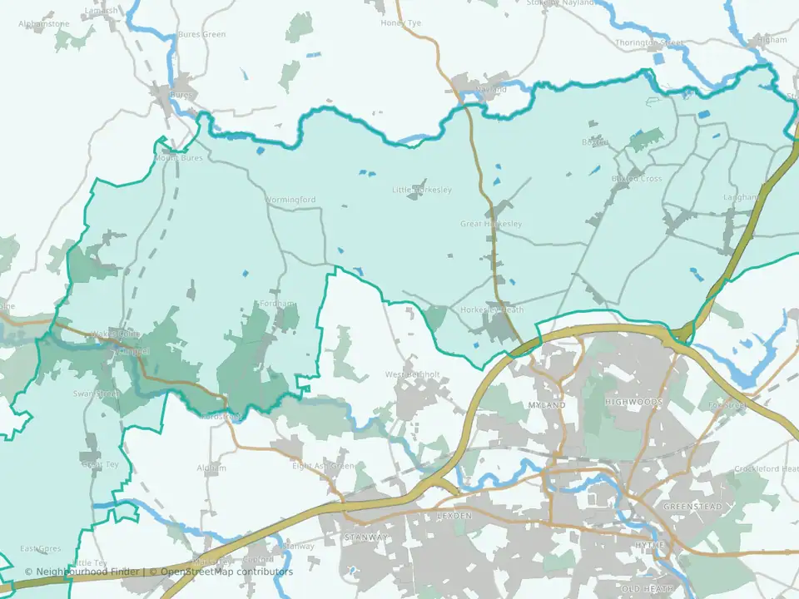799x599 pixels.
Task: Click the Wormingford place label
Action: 290,200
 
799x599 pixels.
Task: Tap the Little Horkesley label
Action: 422,191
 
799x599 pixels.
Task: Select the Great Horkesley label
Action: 491,225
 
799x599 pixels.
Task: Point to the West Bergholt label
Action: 412,374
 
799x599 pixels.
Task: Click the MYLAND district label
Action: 547,405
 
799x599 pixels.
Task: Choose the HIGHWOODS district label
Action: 633,403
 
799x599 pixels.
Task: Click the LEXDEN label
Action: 454,516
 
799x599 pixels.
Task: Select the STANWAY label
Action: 366,537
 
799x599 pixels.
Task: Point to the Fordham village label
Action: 277,304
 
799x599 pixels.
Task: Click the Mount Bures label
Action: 179,157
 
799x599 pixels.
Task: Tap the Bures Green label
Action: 201,35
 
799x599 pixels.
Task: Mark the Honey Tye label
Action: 401,23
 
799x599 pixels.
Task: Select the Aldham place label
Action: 211,468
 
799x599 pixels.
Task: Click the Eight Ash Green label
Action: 323,466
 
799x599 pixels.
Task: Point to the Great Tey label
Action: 99,465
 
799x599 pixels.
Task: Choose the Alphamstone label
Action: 44,24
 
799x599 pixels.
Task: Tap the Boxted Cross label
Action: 637,179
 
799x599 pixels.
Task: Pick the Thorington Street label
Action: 648,42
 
